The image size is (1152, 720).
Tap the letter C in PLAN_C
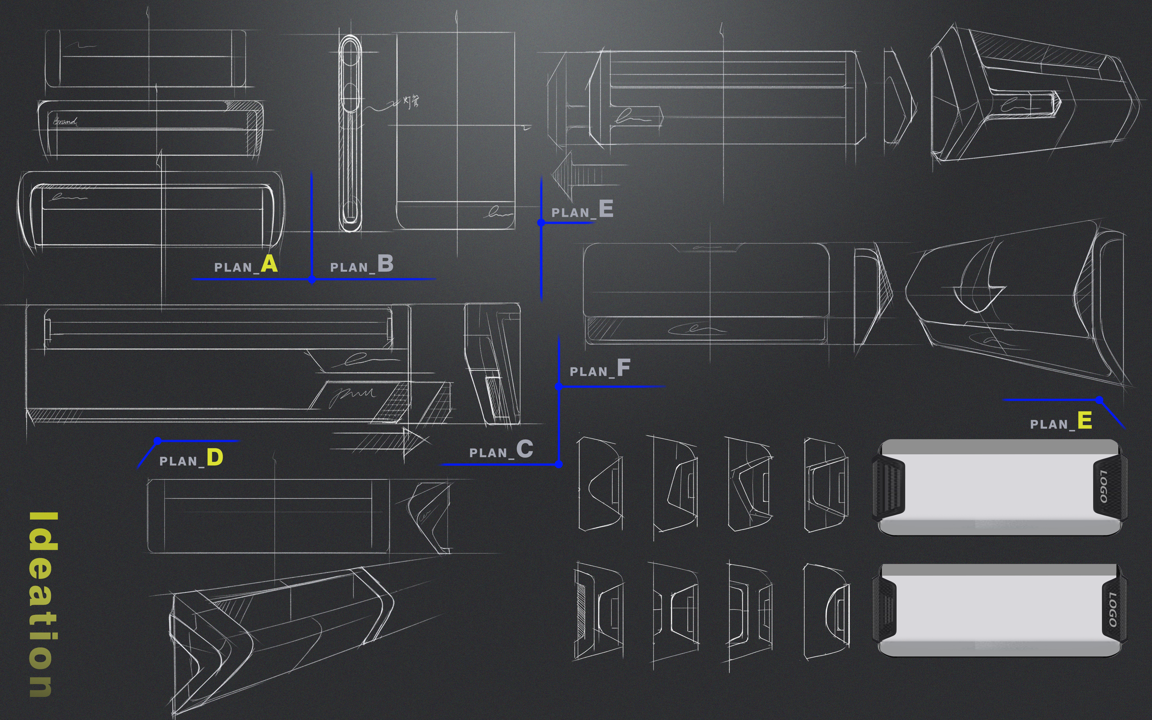click(524, 449)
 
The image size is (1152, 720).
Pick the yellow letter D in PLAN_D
click(214, 458)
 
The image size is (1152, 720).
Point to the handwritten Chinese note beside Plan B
click(411, 101)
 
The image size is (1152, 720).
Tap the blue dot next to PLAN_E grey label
click(541, 222)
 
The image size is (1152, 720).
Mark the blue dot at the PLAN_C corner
click(558, 464)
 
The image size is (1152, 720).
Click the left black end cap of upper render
click(888, 487)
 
